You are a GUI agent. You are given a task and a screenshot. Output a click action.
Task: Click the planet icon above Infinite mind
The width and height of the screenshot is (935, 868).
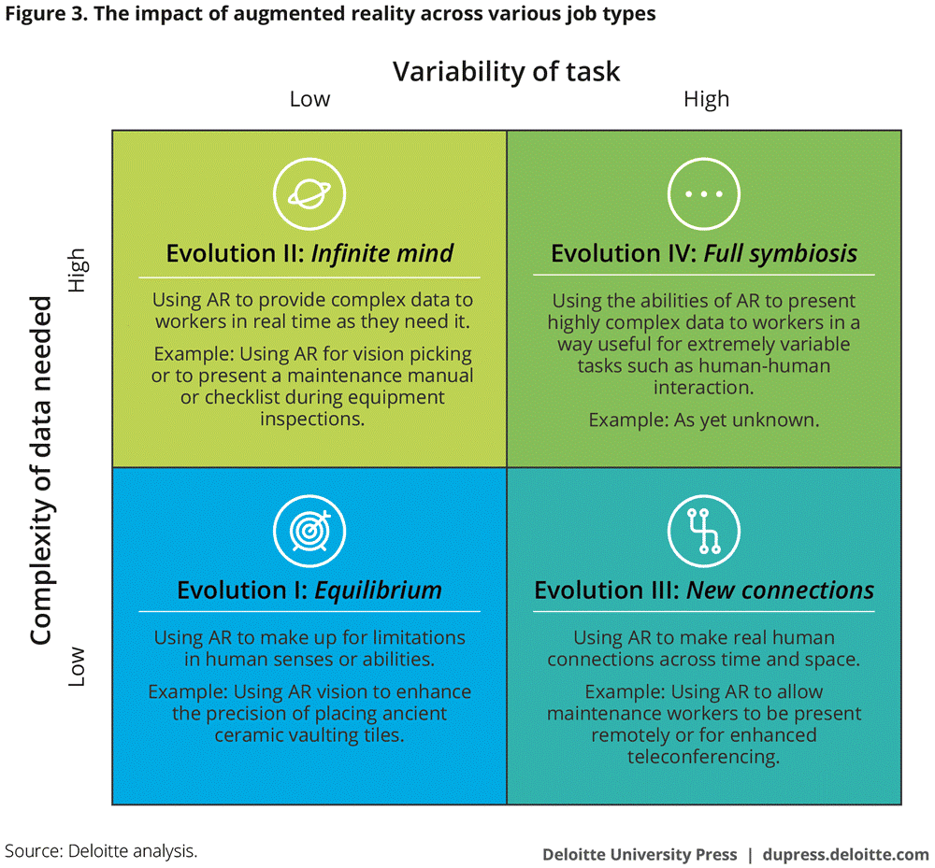(x=309, y=194)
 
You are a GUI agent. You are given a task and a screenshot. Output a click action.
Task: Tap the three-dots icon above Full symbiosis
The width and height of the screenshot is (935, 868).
(x=704, y=194)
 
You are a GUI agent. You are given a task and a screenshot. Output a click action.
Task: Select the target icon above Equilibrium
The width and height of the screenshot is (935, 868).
(x=309, y=531)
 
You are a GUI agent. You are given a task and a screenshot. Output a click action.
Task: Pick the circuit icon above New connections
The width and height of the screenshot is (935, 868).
(x=704, y=531)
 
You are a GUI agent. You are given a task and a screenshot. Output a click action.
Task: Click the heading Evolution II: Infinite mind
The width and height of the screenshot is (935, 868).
(x=309, y=253)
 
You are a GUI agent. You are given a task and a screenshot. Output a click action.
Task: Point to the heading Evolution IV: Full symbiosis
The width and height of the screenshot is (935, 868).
(x=704, y=253)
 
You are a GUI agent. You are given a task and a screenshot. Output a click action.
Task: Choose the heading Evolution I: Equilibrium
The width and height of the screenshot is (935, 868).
(x=309, y=590)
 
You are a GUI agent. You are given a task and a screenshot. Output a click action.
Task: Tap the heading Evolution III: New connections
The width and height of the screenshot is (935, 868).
(x=704, y=590)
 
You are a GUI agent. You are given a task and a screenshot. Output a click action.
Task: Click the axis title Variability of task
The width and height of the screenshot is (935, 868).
(x=506, y=72)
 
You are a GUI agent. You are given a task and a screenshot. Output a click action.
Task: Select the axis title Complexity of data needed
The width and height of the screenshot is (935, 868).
(x=41, y=471)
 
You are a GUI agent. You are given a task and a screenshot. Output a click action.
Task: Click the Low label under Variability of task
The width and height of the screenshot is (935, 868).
(x=309, y=99)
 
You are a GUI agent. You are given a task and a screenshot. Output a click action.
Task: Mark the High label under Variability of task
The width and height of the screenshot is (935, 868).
(x=706, y=99)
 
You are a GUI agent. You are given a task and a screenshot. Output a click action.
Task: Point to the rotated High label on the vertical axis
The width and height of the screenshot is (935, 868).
(x=77, y=270)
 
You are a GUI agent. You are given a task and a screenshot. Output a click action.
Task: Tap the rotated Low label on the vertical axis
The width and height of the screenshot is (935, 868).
(x=77, y=666)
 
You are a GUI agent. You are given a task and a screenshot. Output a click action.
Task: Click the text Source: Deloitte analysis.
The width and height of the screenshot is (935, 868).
(x=101, y=851)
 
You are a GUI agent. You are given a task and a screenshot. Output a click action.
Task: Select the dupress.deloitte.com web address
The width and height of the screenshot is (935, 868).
(x=845, y=854)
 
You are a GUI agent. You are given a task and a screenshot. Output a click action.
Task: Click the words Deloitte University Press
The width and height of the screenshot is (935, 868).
(x=640, y=854)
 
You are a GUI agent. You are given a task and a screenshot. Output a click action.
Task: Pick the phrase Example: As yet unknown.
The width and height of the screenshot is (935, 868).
(x=704, y=420)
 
